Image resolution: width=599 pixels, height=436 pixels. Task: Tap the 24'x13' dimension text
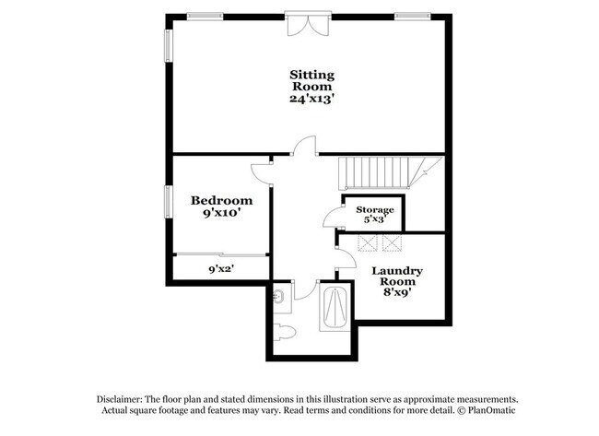point(311,97)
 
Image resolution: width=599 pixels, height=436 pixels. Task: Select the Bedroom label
point(221,200)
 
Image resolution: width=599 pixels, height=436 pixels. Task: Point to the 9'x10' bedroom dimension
point(221,214)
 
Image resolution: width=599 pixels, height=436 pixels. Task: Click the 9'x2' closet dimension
point(220,269)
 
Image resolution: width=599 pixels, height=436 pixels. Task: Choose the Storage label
point(375,210)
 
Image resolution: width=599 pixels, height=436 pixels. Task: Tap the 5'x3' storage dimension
point(375,220)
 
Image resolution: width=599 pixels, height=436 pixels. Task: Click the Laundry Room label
point(397,277)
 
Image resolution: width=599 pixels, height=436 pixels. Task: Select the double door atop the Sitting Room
point(304,22)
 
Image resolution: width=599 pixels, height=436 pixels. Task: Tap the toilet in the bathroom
point(285,332)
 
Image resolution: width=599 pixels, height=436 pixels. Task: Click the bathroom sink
point(279,297)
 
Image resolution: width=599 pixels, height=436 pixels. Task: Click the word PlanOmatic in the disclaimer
point(487,409)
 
